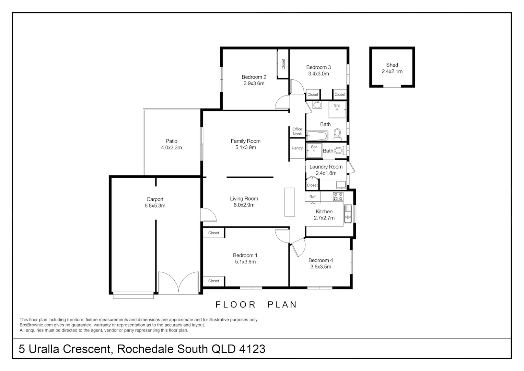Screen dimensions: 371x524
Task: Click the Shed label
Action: pos(392,65)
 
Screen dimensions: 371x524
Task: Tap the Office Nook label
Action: pos(297,132)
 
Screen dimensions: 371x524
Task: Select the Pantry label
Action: pos(297,148)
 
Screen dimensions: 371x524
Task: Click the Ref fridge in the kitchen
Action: pos(313,197)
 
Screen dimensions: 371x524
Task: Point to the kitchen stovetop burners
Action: pos(338,196)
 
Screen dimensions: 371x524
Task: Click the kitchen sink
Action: pos(348,214)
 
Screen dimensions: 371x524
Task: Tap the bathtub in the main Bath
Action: pos(317,136)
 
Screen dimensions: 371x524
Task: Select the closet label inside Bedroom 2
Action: pos(283,64)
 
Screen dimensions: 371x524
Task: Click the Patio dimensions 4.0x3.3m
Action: pos(171,148)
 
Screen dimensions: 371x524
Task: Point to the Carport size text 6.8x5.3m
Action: pos(155,206)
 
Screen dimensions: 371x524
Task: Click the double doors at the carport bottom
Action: pos(178,282)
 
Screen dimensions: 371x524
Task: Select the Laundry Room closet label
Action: pos(312,185)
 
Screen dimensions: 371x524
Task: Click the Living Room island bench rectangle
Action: pos(290,202)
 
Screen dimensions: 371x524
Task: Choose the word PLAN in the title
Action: pos(282,305)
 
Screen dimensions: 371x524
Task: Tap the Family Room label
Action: pos(245,141)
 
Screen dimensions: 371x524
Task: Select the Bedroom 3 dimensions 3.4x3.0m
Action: pos(318,74)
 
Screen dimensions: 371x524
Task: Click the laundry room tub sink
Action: pos(341,185)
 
